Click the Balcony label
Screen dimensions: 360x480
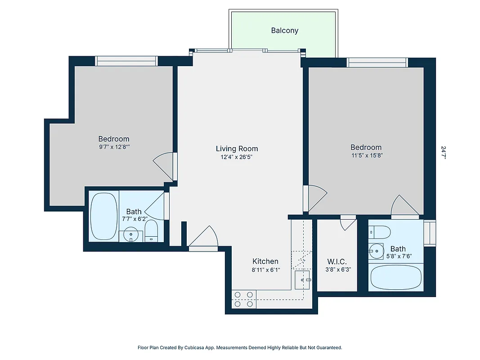tap(284, 31)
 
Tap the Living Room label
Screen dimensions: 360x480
tap(237, 148)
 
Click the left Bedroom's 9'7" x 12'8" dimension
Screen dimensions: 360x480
tap(114, 147)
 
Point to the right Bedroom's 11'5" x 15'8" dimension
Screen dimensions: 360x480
tap(366, 155)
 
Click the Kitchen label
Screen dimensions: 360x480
tap(265, 261)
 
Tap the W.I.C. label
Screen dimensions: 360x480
tap(337, 261)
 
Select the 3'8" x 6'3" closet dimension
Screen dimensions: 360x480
tap(337, 270)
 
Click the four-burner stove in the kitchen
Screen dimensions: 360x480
tap(244, 299)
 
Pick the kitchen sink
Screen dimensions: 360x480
tap(303, 280)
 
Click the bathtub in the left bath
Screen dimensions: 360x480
tap(104, 216)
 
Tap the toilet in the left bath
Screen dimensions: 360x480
tap(151, 229)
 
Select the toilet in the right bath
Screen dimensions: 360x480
tap(379, 232)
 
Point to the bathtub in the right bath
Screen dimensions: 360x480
tap(396, 278)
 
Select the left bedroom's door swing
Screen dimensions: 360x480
tap(164, 165)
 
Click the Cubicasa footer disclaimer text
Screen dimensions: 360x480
tap(240, 347)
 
